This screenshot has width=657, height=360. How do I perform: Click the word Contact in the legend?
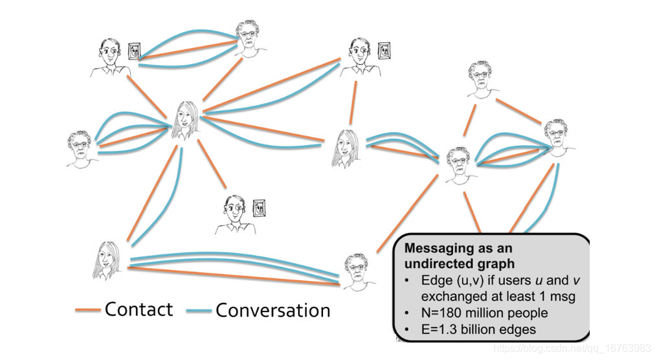pyautogui.click(x=139, y=309)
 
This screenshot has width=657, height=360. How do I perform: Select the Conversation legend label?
pyautogui.click(x=273, y=310)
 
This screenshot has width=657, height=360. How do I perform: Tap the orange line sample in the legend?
pyautogui.click(x=89, y=310)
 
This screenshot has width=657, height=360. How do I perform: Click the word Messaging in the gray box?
pyautogui.click(x=435, y=249)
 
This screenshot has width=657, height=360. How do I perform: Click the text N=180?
pyautogui.click(x=440, y=313)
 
